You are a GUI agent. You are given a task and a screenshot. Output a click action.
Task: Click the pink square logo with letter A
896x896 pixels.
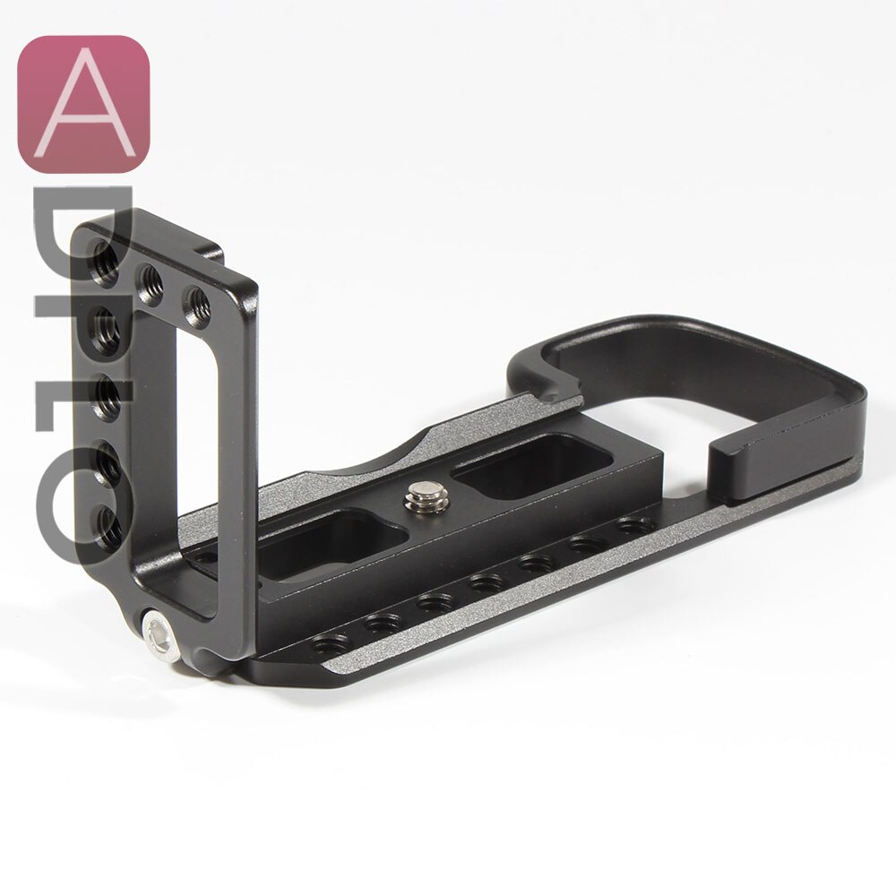pyautogui.click(x=83, y=103)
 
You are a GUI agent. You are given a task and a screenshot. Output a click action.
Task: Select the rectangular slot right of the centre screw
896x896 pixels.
pyautogui.click(x=532, y=465)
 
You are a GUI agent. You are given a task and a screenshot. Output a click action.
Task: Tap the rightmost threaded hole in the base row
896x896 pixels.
pyautogui.click(x=635, y=523)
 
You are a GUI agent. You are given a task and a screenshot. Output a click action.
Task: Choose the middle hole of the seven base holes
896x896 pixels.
pyautogui.click(x=485, y=582)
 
